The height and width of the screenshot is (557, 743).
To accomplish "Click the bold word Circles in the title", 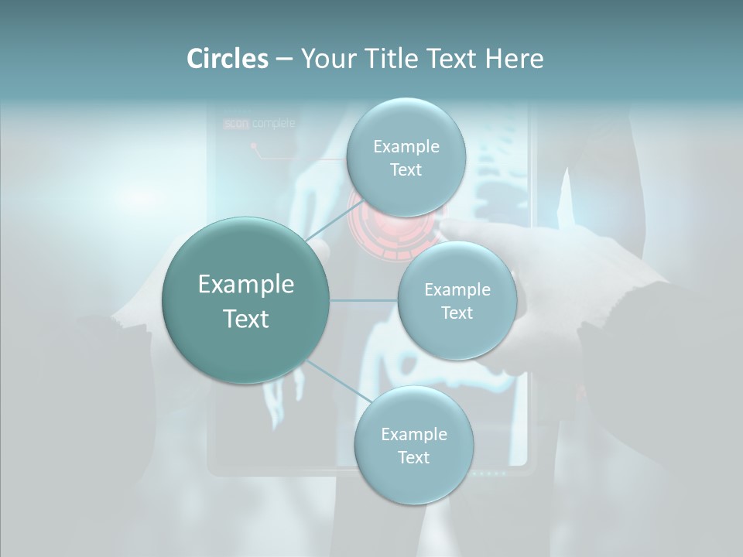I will click(x=227, y=59).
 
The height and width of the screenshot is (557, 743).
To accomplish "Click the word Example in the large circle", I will click(x=245, y=285).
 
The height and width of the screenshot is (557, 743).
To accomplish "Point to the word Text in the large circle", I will click(x=245, y=319).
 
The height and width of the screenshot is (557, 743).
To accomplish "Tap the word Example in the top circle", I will click(x=406, y=147).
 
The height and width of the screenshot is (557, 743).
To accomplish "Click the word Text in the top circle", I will click(x=406, y=170).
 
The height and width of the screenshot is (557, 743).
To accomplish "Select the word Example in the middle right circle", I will click(x=457, y=290).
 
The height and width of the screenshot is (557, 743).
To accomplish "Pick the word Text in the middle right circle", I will click(x=457, y=313).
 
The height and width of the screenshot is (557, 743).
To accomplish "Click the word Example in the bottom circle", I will click(x=413, y=435).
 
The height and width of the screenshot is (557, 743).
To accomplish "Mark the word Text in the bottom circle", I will click(x=413, y=458).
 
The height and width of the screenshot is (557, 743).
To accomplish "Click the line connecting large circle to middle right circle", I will click(x=364, y=300).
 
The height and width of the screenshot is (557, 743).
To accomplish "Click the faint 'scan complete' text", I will click(x=259, y=123).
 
